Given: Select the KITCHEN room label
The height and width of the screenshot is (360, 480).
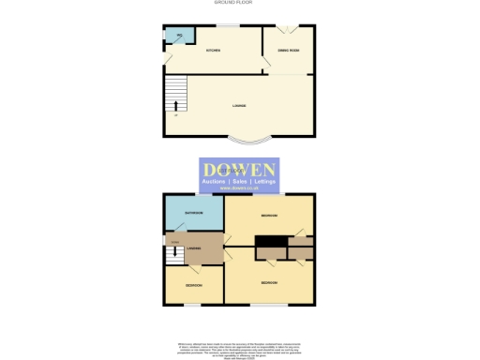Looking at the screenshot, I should (x=213, y=51).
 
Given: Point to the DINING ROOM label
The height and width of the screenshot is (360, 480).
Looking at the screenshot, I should (x=287, y=51).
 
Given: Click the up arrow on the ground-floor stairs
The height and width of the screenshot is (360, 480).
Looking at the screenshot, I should (x=173, y=116).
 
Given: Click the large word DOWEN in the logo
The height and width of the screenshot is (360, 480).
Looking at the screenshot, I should (x=247, y=168).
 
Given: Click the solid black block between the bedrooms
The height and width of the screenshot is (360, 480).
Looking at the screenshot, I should (x=271, y=243).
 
